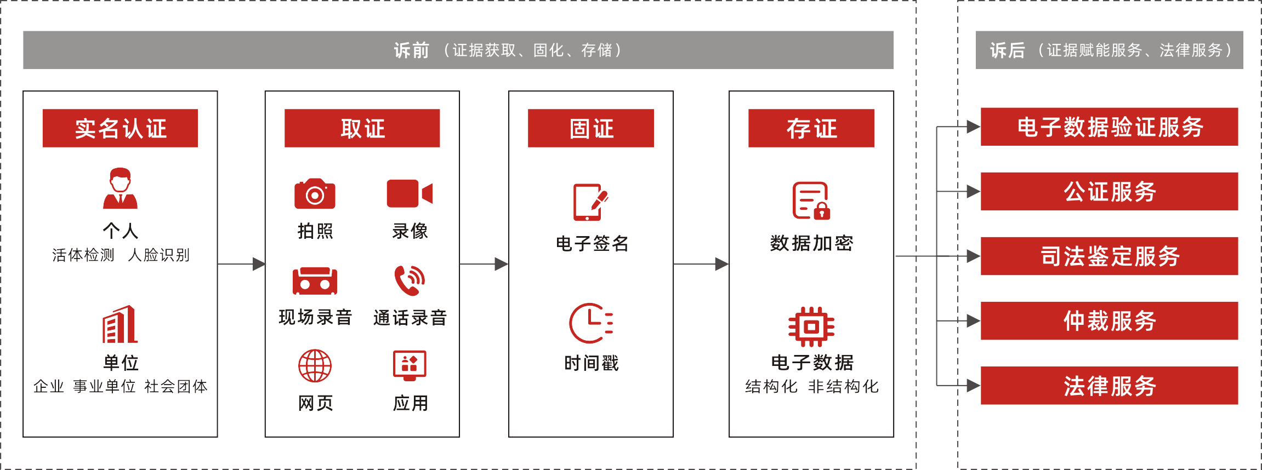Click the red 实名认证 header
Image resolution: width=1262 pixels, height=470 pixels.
[120, 128]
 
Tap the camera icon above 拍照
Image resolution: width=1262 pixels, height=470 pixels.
[315, 194]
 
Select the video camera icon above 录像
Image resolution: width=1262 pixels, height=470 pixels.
[409, 193]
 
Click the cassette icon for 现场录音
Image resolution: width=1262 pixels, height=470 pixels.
[315, 281]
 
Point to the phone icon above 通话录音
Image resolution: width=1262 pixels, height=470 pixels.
[410, 280]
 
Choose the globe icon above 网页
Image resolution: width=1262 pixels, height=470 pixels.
[315, 366]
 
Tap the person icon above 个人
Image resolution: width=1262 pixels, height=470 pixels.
[120, 188]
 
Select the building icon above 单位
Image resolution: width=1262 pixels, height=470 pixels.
[120, 324]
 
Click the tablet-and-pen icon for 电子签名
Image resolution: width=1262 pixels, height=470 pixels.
[590, 202]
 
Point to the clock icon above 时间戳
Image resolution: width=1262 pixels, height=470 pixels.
[590, 323]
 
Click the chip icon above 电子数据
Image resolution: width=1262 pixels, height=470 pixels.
[811, 326]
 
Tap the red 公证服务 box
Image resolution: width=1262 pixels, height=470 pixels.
[1109, 192]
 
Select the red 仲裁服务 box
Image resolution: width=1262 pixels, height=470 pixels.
[1109, 321]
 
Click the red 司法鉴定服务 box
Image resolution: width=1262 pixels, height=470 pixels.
[1109, 256]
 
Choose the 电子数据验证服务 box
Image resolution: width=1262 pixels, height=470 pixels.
[1109, 127]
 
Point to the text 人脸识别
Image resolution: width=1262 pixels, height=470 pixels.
[158, 255]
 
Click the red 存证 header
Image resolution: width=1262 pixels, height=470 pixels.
[811, 128]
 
